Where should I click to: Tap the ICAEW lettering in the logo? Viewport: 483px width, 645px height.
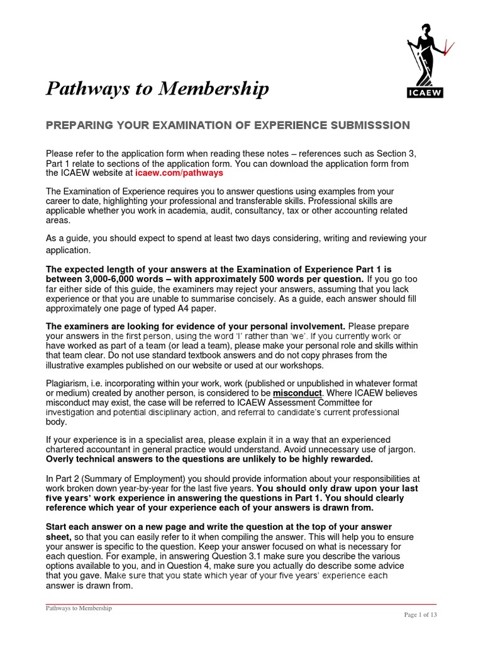(x=425, y=93)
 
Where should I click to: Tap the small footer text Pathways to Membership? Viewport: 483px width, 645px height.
(x=79, y=608)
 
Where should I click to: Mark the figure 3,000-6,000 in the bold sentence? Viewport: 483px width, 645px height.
(x=113, y=279)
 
